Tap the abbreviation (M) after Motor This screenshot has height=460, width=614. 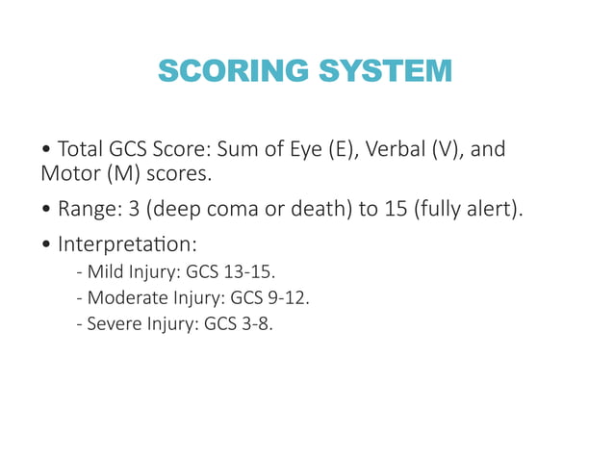coord(115,176)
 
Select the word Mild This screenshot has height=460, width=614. coord(103,270)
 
